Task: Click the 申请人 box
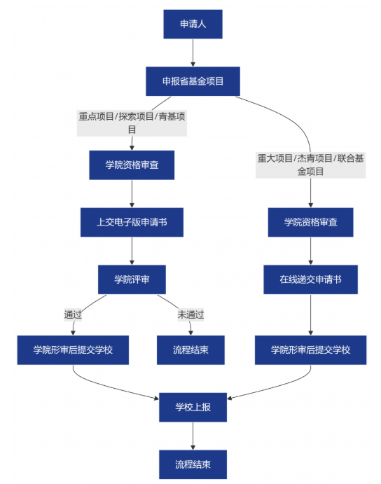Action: tap(193, 24)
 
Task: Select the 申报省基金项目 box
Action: tap(193, 81)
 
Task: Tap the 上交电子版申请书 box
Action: tap(132, 222)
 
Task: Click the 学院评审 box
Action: tap(132, 279)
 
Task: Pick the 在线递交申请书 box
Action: tap(310, 279)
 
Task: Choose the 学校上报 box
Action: tap(193, 407)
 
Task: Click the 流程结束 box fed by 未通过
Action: tap(190, 350)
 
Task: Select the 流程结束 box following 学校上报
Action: tap(193, 464)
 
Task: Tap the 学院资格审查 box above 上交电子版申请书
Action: tap(132, 165)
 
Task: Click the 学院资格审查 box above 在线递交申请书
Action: tap(310, 222)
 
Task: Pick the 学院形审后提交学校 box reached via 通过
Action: tap(73, 350)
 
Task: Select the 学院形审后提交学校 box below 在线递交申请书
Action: tap(310, 350)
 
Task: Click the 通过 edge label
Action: tap(73, 315)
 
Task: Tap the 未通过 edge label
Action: tap(190, 315)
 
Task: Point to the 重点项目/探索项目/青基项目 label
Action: tap(132, 123)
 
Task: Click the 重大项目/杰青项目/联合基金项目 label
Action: tap(310, 165)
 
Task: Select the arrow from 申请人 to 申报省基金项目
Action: tap(193, 53)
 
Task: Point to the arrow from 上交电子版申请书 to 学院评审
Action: tap(132, 251)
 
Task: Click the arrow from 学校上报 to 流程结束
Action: tap(193, 436)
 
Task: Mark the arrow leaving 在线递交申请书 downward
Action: tap(310, 314)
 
